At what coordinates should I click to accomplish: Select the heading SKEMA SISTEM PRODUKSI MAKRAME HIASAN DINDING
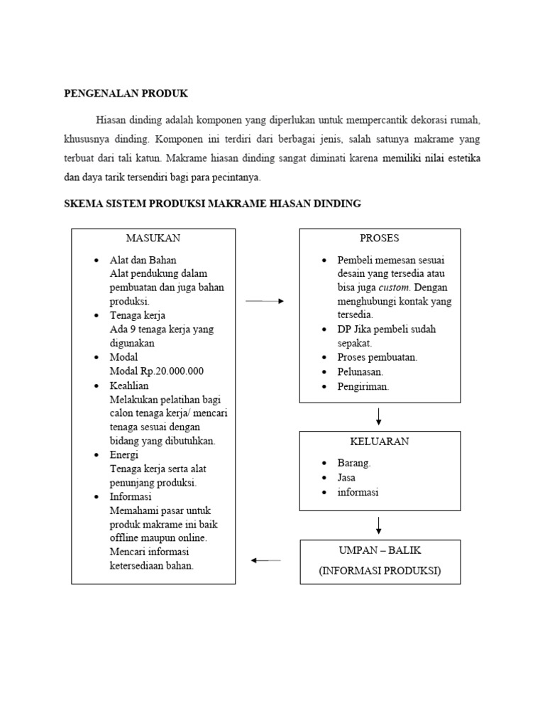pos(213,204)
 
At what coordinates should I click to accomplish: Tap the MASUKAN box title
pos(153,239)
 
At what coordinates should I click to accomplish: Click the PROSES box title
pos(380,239)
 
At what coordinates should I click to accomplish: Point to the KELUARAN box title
pos(380,441)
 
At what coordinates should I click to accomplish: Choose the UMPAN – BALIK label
pos(380,550)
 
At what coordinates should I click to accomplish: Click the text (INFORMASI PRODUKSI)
pos(380,570)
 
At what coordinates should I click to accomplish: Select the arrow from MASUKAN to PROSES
pos(265,301)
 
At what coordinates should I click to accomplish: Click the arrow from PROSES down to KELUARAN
pos(379,416)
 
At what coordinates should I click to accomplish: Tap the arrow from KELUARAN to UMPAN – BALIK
pos(379,525)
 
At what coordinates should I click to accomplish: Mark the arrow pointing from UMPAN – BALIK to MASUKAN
pos(266,560)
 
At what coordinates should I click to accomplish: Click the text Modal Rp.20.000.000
pos(157,371)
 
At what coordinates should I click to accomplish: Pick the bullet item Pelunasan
pos(360,371)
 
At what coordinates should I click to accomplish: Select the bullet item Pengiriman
pos(363,387)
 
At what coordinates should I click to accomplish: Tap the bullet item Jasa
pos(347,478)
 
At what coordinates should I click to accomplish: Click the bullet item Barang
pos(354,462)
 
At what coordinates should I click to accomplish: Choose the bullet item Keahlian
pos(129,386)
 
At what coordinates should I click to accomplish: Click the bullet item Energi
pos(124,454)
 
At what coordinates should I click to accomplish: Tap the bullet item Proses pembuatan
pos(378,357)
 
